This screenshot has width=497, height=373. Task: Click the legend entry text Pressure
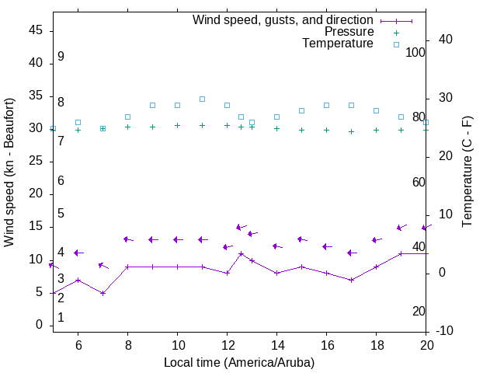[x=349, y=32]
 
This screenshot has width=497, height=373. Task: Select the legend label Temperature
[x=338, y=44]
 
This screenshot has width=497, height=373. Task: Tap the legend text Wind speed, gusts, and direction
[x=283, y=20]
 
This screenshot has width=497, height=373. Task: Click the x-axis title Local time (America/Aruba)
[x=239, y=362]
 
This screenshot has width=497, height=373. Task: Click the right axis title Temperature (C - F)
[x=467, y=172]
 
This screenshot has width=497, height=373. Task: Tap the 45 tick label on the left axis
[x=35, y=30]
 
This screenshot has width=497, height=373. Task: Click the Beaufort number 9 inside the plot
[x=61, y=57]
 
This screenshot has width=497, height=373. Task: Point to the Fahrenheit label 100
[x=415, y=52]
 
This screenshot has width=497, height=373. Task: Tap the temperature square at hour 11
[x=202, y=99]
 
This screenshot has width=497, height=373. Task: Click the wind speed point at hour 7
[x=103, y=293]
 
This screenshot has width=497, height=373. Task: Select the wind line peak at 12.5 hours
[x=242, y=253]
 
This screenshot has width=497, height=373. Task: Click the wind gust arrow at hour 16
[x=327, y=246]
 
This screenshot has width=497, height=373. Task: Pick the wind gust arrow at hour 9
[x=153, y=239]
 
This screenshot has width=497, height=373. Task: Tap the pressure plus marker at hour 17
[x=351, y=131]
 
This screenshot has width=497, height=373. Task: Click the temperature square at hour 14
[x=276, y=117]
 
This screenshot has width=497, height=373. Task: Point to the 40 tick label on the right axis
[x=446, y=40]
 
